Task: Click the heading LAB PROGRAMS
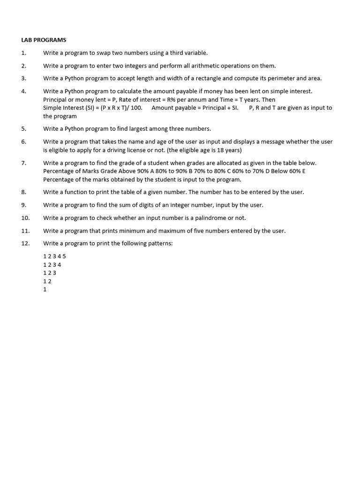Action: (x=44, y=40)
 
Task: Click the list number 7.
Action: (x=23, y=163)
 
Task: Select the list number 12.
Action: (x=25, y=243)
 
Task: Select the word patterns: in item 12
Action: (x=160, y=243)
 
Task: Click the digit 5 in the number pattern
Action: (x=64, y=256)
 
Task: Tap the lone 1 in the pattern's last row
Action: (x=45, y=290)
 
